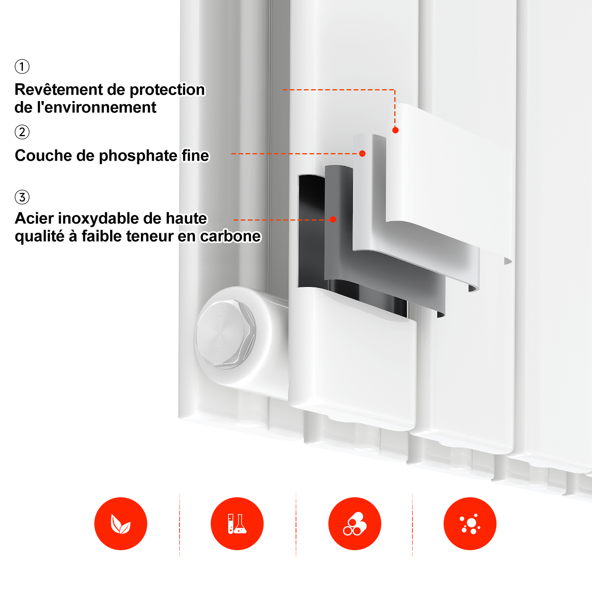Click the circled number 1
coord(22,66)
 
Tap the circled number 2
coord(22,132)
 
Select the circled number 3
coord(22,197)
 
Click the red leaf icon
coord(121,524)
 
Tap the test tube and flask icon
coord(237,524)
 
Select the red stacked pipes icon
coord(355,524)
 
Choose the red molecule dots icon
coord(470,524)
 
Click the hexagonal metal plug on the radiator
coord(226,334)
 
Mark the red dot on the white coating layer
coord(395,130)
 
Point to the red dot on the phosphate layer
coord(362,154)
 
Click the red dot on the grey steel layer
coord(333,219)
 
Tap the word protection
coord(167,90)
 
